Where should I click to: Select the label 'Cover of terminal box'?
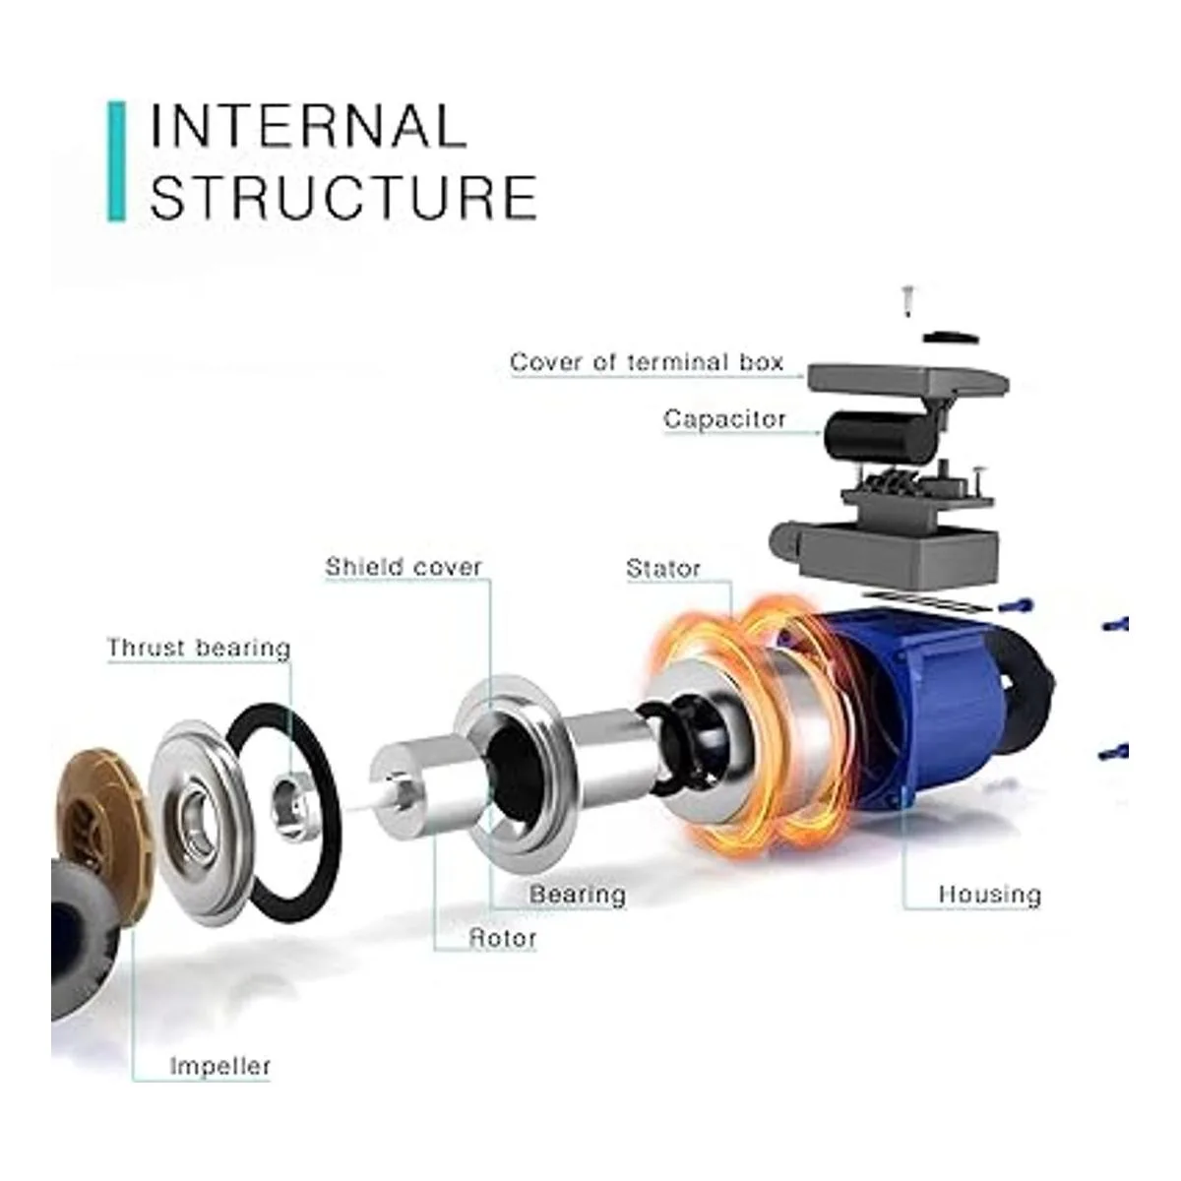click(647, 362)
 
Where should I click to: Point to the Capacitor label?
click(724, 419)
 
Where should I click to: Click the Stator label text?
click(663, 569)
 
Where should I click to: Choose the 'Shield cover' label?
click(404, 567)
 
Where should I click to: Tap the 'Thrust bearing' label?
click(199, 648)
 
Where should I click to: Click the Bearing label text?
click(578, 895)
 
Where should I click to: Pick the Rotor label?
click(503, 938)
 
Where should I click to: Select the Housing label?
click(989, 895)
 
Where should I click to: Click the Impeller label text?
click(219, 1066)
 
